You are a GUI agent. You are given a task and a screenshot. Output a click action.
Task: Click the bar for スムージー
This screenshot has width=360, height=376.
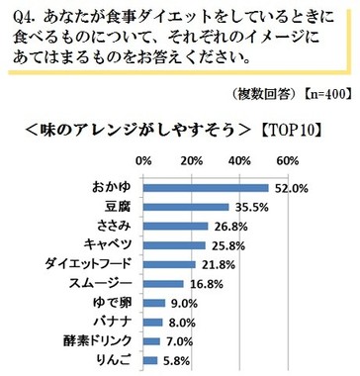click(163, 282)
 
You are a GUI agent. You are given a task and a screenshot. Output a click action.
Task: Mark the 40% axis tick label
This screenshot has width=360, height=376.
click(239, 160)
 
